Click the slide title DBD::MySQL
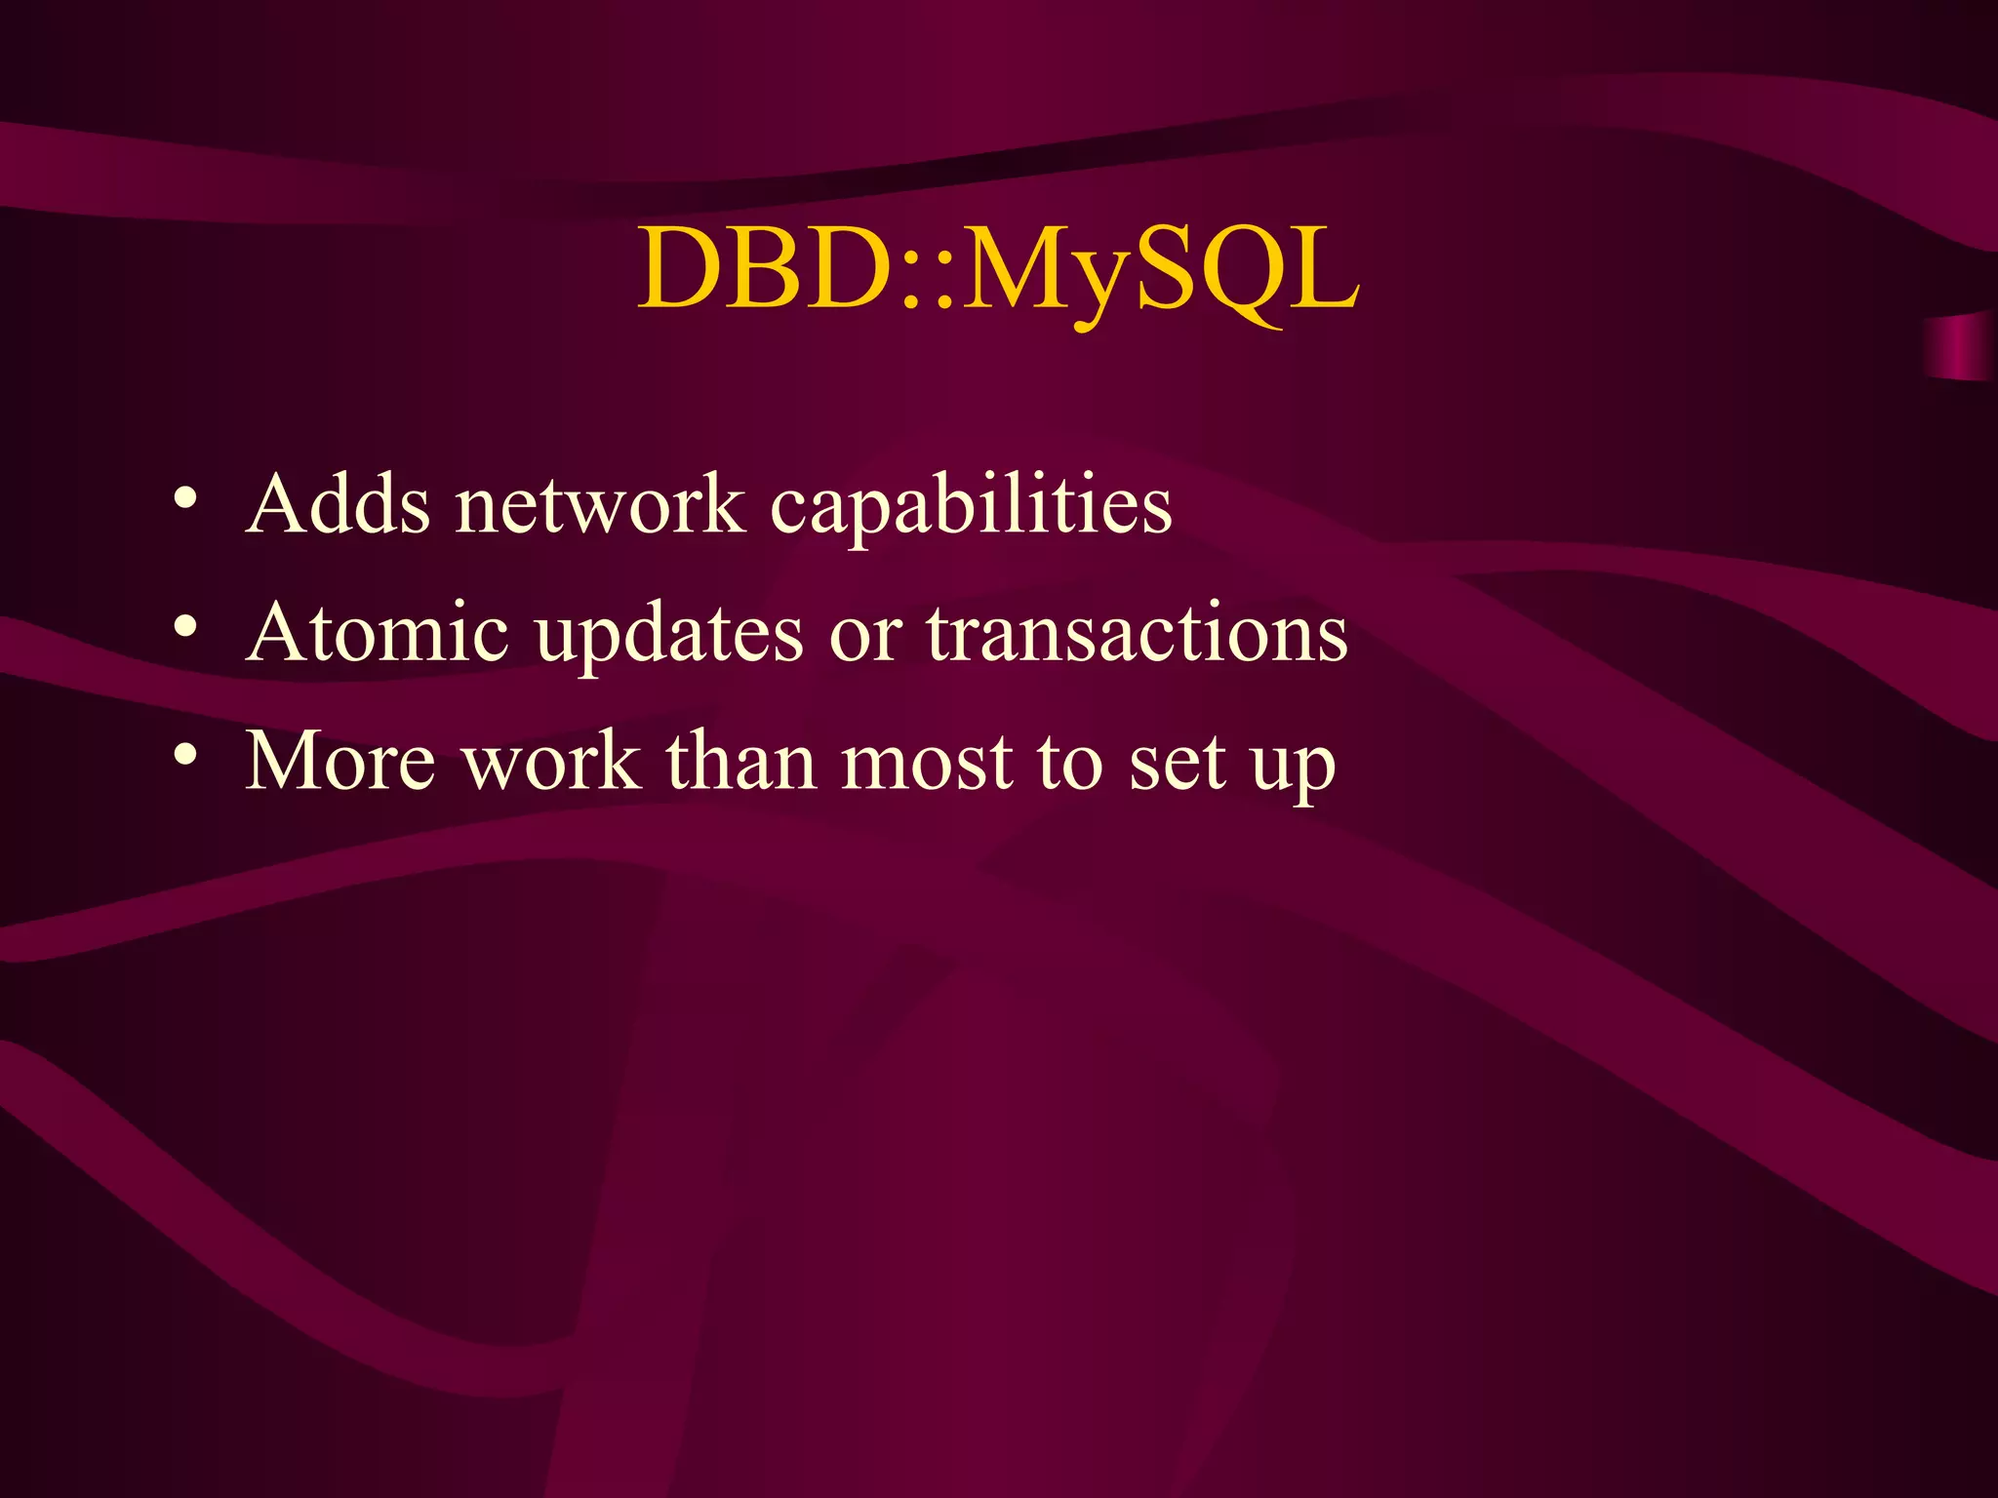tap(998, 269)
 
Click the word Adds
tap(338, 505)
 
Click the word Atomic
tap(378, 634)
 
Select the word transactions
tap(1137, 634)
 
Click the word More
tap(340, 762)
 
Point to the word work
tap(551, 762)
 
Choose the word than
tap(741, 762)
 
